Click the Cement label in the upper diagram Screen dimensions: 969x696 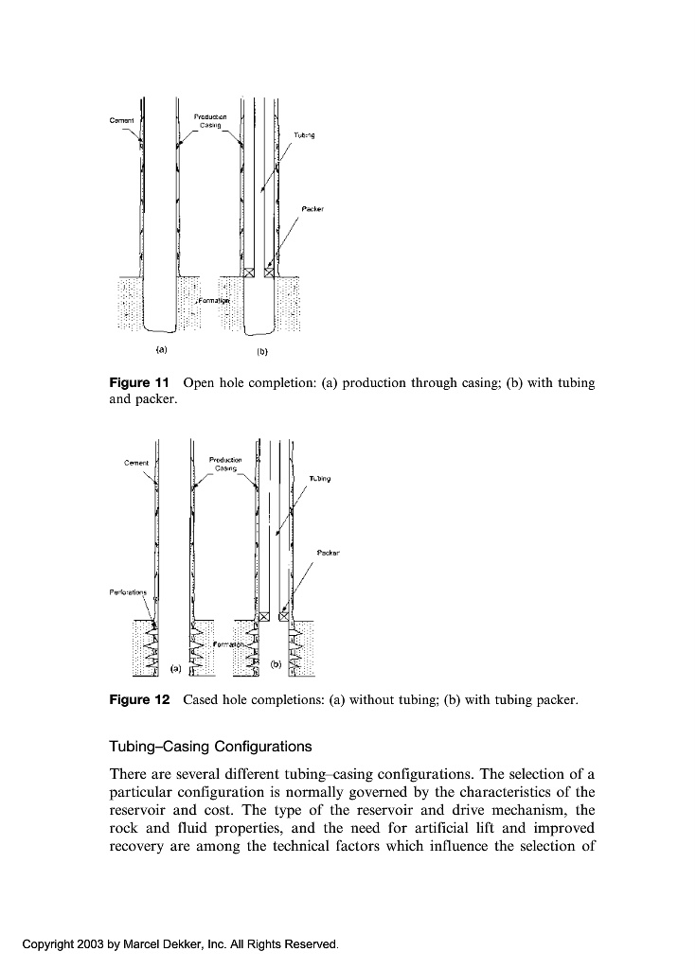tap(122, 120)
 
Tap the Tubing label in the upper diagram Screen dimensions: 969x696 tap(303, 135)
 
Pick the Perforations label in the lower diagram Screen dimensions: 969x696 tap(129, 593)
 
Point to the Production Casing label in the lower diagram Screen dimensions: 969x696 tap(225, 464)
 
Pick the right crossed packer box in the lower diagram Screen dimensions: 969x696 tap(283, 617)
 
